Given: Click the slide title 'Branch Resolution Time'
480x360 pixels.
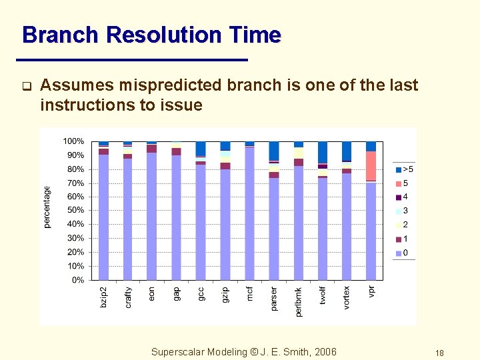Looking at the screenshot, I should (x=151, y=35).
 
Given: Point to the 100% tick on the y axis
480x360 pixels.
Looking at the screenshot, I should (x=73, y=141).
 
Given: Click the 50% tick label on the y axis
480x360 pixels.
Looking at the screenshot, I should (x=75, y=211).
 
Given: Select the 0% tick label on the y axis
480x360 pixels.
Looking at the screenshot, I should (x=77, y=280).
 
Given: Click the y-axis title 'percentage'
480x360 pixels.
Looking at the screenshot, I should (x=47, y=207).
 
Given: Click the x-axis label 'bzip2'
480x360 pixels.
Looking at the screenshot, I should (x=103, y=297).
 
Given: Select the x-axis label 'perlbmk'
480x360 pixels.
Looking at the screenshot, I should (x=298, y=302).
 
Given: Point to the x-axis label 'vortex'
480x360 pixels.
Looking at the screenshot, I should (x=347, y=298).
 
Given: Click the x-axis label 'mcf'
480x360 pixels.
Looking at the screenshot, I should (x=249, y=293).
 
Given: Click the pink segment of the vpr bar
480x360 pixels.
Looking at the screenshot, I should (x=371, y=165).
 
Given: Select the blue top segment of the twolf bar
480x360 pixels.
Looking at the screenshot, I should (x=323, y=152).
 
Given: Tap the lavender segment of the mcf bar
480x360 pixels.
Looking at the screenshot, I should (x=249, y=213).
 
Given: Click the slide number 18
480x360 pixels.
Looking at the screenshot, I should (x=439, y=353).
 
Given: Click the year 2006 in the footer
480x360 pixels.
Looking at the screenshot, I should (x=325, y=352).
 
